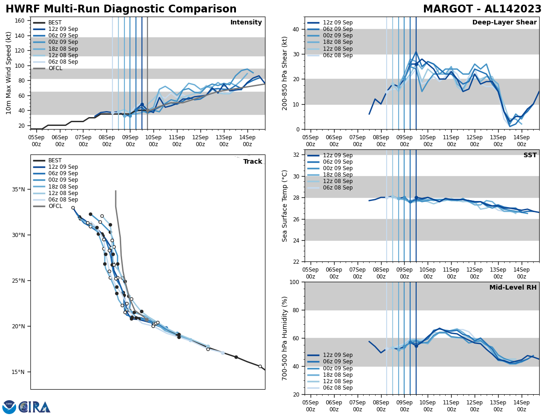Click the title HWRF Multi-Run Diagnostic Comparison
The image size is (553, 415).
click(x=121, y=9)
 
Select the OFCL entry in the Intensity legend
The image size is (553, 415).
click(x=55, y=68)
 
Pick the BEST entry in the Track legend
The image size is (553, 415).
click(x=55, y=160)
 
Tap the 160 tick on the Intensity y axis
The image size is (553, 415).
click(x=21, y=21)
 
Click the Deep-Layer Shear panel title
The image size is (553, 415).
click(x=504, y=23)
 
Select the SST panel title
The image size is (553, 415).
click(x=530, y=155)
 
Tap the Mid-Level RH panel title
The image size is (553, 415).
click(x=513, y=288)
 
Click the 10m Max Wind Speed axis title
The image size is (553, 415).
click(x=9, y=73)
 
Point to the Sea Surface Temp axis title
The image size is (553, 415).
click(x=285, y=206)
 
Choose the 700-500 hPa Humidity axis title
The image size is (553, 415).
click(x=285, y=338)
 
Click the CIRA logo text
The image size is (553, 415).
click(x=34, y=407)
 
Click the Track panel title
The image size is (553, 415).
click(x=253, y=162)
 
